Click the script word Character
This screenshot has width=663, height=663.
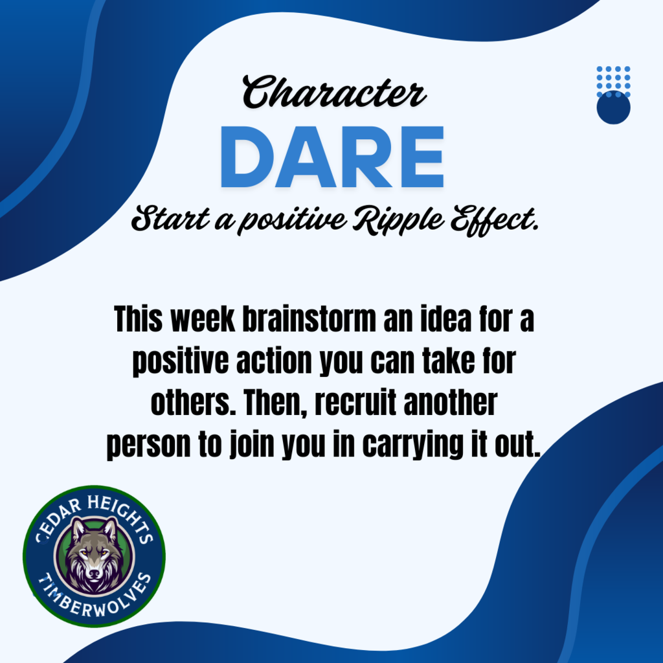(334, 92)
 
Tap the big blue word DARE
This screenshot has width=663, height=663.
(332, 157)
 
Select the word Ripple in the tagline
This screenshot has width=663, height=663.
(398, 220)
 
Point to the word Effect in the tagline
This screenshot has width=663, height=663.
(494, 220)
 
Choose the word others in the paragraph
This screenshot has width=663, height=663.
(193, 403)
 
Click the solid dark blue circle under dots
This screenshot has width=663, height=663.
(613, 107)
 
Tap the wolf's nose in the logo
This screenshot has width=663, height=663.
(95, 574)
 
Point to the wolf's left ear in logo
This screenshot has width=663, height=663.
(78, 528)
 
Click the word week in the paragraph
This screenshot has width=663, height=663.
(202, 319)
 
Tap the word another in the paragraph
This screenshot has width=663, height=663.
(451, 403)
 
